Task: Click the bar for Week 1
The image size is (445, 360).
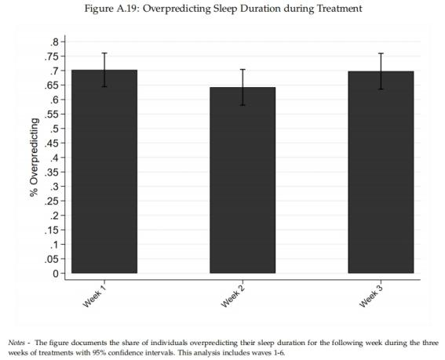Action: coord(104,171)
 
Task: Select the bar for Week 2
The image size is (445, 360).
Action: coord(243,180)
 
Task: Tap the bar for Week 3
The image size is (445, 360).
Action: coord(381,173)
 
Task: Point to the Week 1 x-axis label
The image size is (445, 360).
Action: coord(93,296)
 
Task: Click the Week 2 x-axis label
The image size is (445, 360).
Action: coord(232,296)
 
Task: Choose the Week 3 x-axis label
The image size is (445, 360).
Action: coord(370,296)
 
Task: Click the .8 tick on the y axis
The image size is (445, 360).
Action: coord(54,42)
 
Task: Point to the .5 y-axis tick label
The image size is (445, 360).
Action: coord(54,129)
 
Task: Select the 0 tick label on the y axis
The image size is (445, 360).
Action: coord(56,274)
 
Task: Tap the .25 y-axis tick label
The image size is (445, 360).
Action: coord(51,201)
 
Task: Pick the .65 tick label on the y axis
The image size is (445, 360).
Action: coord(51,85)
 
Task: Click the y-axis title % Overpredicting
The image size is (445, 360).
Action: coord(35,158)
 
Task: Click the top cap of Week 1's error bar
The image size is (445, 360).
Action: coord(104,53)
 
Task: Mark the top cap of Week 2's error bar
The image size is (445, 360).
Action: coord(243,70)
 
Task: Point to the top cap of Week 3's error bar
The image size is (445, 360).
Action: coord(381,53)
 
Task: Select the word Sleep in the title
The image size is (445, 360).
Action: coord(224,9)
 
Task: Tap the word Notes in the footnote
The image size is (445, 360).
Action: coord(16,343)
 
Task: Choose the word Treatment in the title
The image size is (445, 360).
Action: coord(339,9)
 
